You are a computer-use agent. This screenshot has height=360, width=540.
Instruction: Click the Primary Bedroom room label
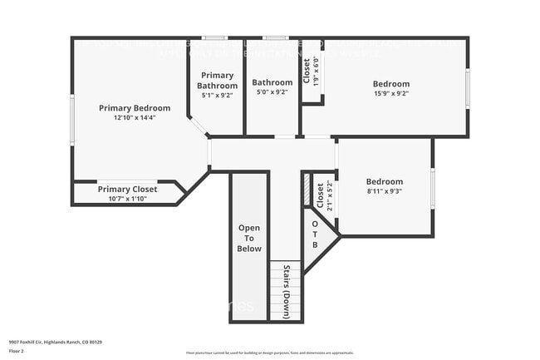(135, 108)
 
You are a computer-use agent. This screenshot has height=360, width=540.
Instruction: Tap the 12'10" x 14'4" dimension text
(135, 118)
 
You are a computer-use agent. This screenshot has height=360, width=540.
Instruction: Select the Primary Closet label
(127, 189)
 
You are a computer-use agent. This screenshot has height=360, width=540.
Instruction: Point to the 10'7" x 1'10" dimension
(127, 198)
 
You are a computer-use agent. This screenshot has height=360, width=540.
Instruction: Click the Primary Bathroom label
(218, 80)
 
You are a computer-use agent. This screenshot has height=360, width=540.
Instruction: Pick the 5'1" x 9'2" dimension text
(218, 95)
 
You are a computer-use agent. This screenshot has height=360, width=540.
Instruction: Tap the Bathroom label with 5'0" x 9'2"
(272, 82)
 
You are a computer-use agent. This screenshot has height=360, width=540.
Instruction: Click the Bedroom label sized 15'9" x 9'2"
(390, 84)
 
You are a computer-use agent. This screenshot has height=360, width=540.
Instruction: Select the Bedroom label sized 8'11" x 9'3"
(385, 181)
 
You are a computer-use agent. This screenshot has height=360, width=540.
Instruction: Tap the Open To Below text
(249, 238)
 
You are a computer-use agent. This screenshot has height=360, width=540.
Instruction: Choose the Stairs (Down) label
(287, 291)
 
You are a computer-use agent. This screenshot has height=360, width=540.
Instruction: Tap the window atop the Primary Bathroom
(215, 37)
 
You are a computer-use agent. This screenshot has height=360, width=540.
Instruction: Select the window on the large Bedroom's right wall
(468, 88)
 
